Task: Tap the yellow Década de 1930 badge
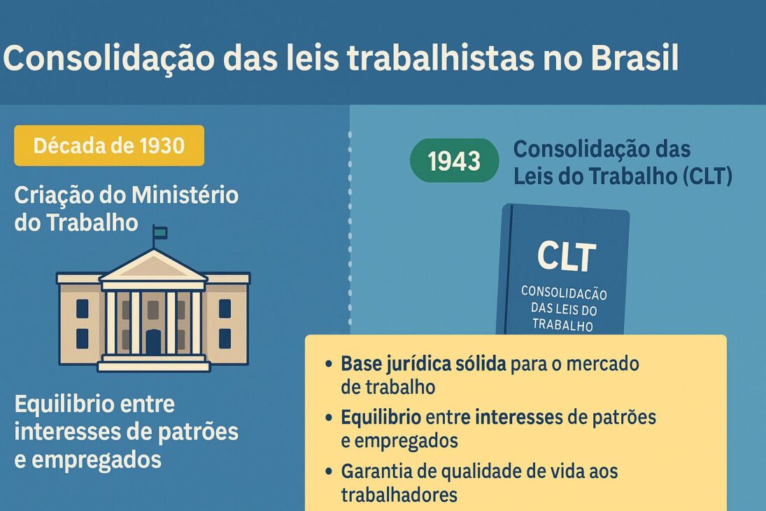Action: point(109,146)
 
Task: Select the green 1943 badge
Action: point(454,161)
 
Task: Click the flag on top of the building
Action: point(160,232)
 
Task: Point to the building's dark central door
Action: point(153,342)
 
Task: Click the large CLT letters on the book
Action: point(567,256)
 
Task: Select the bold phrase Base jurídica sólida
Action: point(424,365)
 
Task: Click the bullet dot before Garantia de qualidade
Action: point(329,472)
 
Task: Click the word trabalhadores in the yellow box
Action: point(399,494)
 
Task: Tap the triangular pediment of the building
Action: point(153,266)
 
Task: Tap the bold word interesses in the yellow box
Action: point(518,418)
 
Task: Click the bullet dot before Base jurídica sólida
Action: point(329,365)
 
